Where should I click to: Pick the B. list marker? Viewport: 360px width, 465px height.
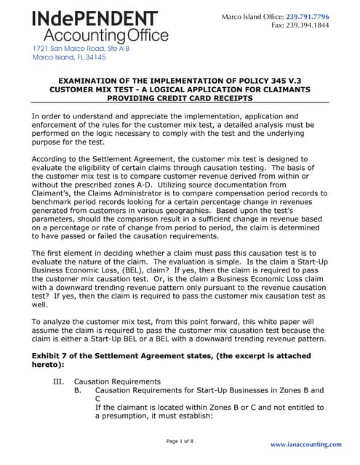79,390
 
